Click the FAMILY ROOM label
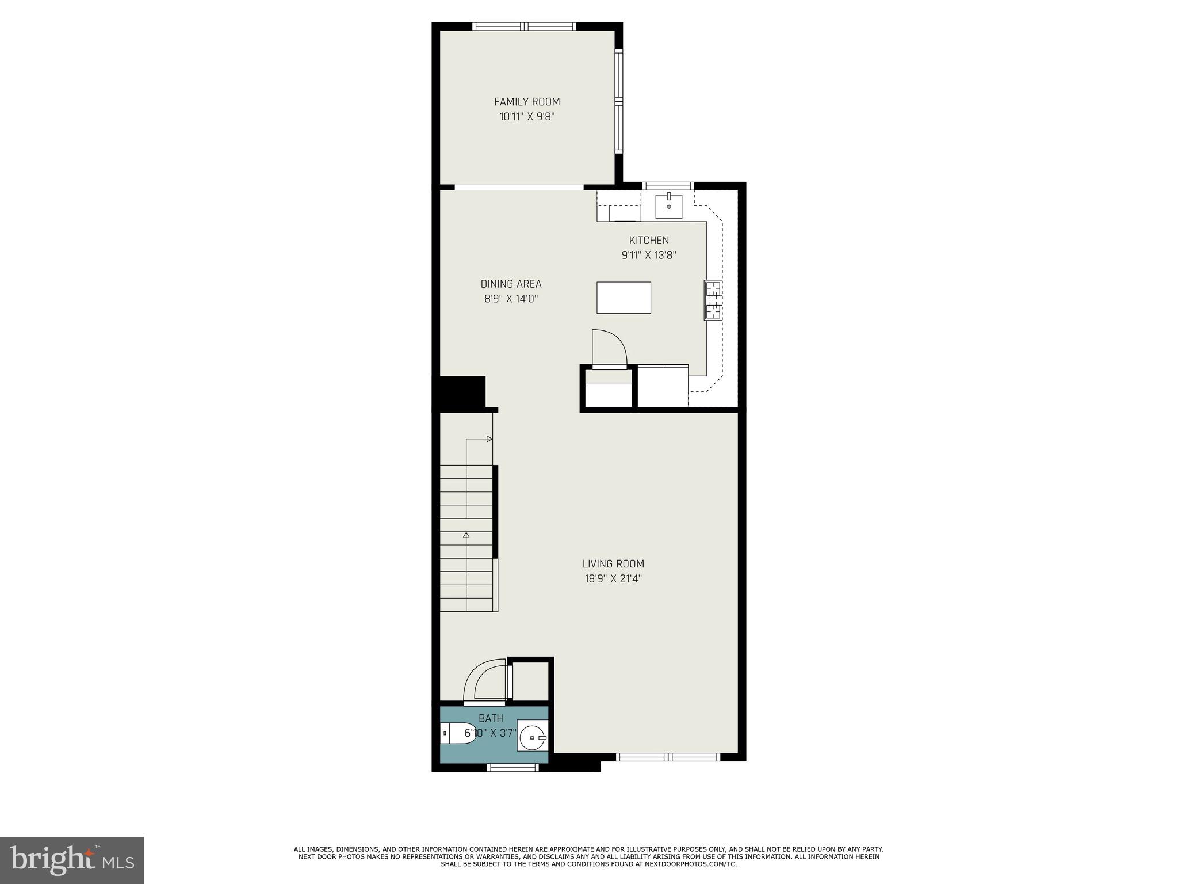527,102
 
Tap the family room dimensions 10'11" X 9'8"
527,117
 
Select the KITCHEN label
649,241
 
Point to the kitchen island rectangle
624,298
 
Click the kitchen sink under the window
669,207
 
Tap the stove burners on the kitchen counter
713,300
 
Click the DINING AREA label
511,284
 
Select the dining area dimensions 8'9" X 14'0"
511,299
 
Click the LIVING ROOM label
613,564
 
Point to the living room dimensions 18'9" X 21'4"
613,579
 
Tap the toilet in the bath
457,734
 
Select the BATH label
491,718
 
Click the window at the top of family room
524,26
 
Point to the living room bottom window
668,757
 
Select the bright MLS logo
72,860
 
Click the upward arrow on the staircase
466,535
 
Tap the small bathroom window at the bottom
513,767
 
